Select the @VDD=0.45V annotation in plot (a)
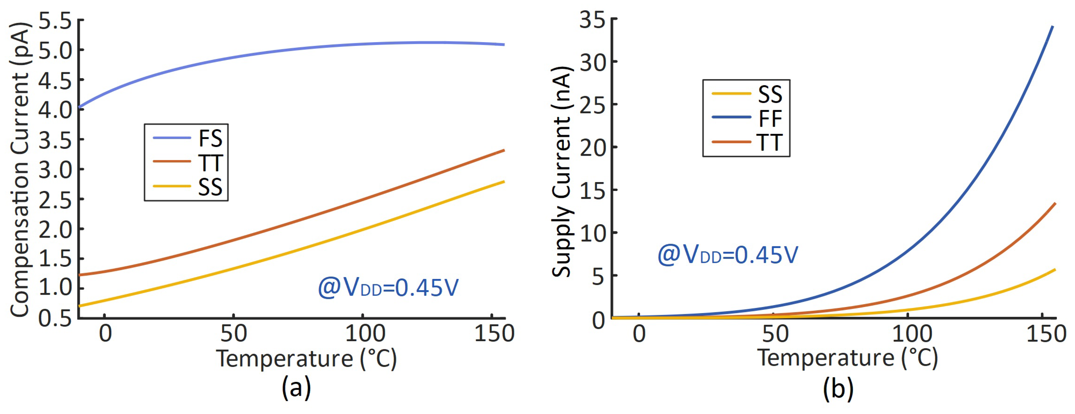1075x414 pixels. click(388, 288)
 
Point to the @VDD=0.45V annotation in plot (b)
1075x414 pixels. click(727, 255)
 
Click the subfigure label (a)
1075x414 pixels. click(296, 388)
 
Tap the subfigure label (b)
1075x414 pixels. click(838, 388)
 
